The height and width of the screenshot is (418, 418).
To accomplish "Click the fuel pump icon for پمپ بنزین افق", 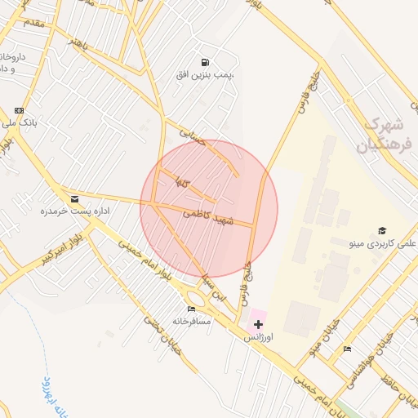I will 203,61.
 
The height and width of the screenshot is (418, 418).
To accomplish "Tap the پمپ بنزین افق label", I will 204,74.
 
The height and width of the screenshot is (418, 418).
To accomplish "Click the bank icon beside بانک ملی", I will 20,110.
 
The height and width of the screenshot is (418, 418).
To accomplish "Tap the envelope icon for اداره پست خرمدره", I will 75,198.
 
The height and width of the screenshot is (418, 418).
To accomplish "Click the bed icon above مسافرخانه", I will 192,309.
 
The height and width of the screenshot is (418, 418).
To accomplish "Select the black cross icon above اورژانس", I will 259,324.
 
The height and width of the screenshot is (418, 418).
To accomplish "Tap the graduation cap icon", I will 381,231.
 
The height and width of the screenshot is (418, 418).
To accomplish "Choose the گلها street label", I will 182,184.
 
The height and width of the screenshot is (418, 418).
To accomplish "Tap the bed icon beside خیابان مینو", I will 347,349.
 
